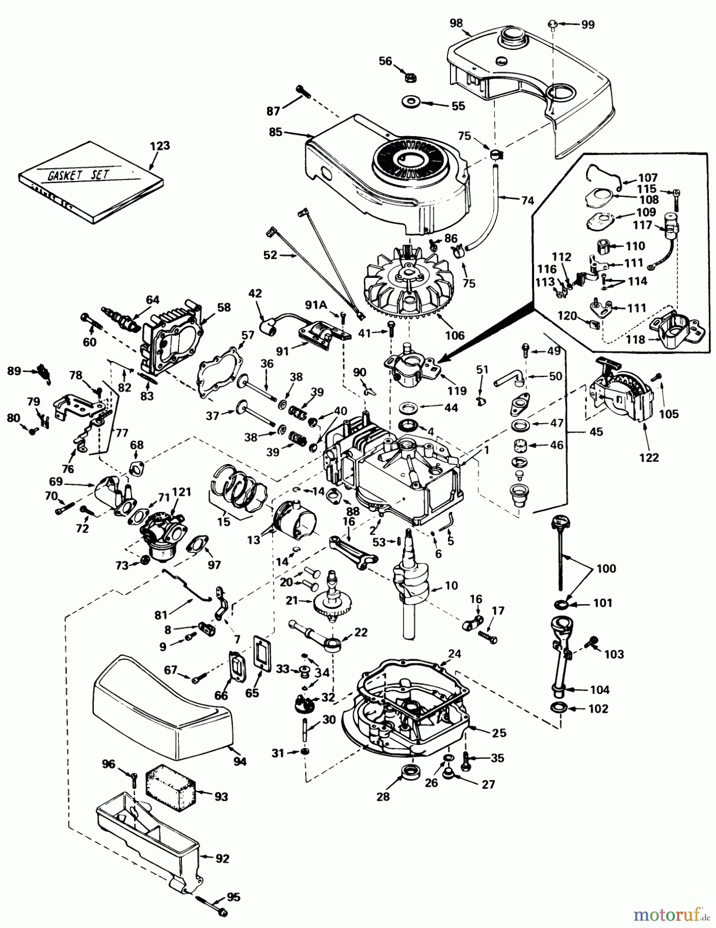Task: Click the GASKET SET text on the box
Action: click(78, 174)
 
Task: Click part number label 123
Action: click(160, 146)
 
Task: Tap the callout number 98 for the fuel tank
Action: click(456, 23)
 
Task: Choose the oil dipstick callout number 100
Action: click(606, 569)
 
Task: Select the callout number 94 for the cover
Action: click(240, 761)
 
